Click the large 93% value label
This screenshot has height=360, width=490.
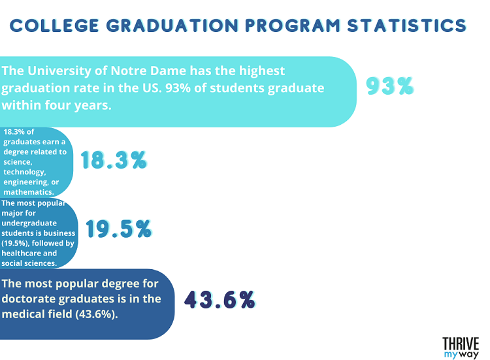390,86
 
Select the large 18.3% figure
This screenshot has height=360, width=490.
113,160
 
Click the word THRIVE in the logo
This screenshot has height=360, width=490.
461,343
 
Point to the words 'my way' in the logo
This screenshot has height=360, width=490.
461,354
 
